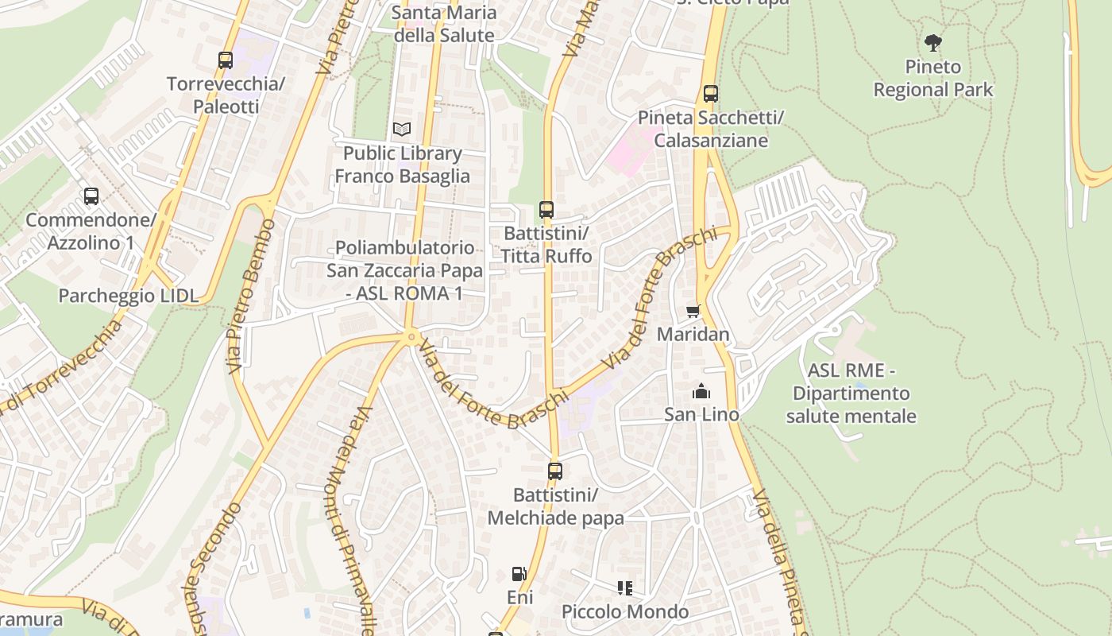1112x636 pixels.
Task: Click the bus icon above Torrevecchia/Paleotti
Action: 226,60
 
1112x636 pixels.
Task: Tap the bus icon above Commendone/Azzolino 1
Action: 91,196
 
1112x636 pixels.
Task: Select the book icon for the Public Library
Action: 402,129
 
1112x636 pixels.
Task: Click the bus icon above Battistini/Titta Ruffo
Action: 546,210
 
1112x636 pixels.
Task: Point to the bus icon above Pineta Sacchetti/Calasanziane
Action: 711,94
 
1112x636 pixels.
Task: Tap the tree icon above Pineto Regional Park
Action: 933,42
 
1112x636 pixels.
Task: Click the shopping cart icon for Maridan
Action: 693,311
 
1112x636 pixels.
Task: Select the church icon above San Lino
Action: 701,391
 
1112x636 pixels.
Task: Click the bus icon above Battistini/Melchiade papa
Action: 555,471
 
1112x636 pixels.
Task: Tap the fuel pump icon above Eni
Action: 519,573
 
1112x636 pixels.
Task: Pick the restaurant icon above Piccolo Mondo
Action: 625,588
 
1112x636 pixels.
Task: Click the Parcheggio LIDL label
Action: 128,296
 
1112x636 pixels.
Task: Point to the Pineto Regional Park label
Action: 933,78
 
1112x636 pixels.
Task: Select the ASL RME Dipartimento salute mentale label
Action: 851,394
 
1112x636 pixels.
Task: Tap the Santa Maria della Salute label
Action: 444,24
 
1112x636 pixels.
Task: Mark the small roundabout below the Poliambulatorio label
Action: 411,337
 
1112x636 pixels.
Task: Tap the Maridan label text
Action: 693,334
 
